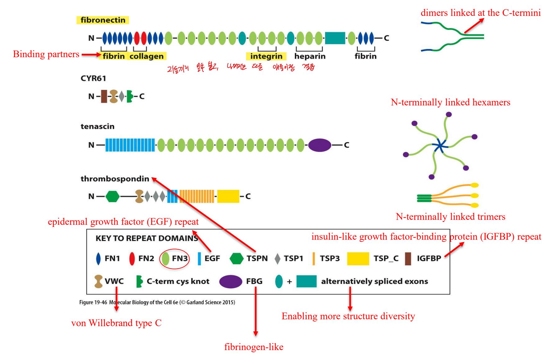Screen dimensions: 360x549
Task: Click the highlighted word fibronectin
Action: (103, 20)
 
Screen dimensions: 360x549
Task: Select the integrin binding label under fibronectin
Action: (266, 56)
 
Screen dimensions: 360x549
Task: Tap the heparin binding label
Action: (310, 56)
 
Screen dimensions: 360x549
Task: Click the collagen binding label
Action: (146, 56)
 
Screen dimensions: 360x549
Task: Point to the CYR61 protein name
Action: (93, 78)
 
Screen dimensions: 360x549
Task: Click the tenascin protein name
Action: (98, 127)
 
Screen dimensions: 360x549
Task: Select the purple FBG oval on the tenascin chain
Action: (320, 145)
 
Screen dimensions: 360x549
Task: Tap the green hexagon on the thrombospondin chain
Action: (112, 196)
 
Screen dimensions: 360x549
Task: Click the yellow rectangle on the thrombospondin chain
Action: (228, 196)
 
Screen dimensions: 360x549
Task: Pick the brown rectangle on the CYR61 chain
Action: (104, 96)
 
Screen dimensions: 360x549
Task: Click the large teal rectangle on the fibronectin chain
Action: (335, 38)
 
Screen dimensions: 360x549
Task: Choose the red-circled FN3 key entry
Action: (174, 258)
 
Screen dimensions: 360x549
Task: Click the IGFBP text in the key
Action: (429, 258)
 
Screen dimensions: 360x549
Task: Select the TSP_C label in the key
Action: (386, 258)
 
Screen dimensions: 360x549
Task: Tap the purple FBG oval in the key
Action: (231, 282)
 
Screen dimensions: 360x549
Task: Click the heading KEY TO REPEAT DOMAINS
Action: (147, 238)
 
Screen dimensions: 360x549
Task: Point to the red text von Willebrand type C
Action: (116, 323)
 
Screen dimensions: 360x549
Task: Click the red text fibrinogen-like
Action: (254, 347)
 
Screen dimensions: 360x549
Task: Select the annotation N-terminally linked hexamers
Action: (450, 102)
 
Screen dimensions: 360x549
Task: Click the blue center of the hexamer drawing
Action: (440, 145)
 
